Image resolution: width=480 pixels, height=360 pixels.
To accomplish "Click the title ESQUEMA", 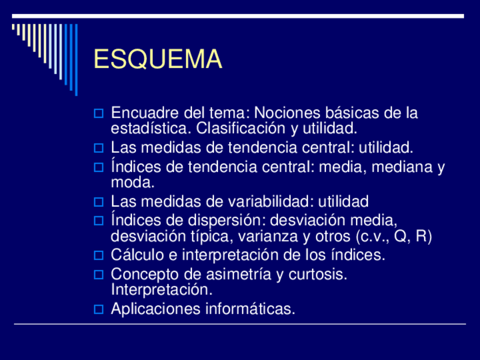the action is tap(158, 59).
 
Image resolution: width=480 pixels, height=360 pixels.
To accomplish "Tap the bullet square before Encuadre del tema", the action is tap(98, 113).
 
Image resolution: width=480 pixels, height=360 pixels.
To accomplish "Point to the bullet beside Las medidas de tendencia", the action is tap(98, 148).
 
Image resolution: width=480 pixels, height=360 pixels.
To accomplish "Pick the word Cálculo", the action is tap(137, 255).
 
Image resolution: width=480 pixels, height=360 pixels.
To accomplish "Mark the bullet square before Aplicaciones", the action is tap(98, 309).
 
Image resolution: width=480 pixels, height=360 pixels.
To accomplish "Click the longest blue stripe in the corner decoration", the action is tap(76, 59).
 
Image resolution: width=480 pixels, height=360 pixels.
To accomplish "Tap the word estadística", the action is tap(149, 128).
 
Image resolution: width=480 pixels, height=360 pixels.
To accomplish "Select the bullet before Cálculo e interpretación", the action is tap(98, 255).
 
